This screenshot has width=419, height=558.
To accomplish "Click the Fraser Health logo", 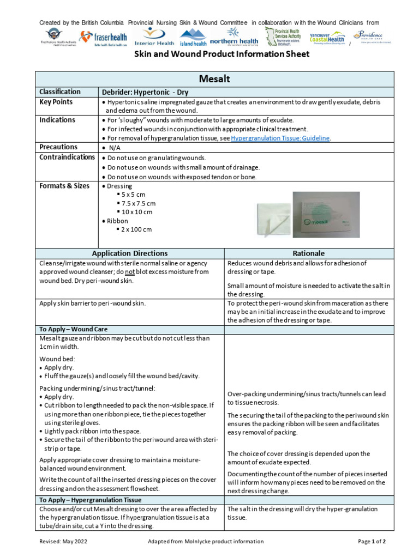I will (x=103, y=39).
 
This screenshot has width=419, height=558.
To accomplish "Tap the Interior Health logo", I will (x=154, y=39).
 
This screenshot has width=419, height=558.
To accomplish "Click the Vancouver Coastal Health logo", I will (x=327, y=38).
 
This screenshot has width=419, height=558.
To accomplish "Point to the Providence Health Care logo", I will (x=372, y=37).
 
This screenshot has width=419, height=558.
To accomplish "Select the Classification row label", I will (x=59, y=92).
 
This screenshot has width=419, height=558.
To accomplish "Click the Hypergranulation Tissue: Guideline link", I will (x=280, y=138).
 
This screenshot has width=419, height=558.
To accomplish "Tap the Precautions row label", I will (x=58, y=147).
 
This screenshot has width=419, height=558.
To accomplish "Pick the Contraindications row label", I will (x=67, y=157).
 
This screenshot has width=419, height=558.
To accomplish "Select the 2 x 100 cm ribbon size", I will (x=136, y=229).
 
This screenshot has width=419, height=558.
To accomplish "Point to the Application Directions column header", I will (x=130, y=253).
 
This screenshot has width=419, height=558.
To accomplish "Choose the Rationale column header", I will (x=308, y=253).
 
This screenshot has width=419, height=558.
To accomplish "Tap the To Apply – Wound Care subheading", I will (x=74, y=329).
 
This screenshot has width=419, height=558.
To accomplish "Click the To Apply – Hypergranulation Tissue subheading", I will (x=91, y=500).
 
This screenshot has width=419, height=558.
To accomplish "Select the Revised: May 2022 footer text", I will (x=63, y=542).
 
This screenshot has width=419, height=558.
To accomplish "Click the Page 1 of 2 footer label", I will (x=372, y=542).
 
